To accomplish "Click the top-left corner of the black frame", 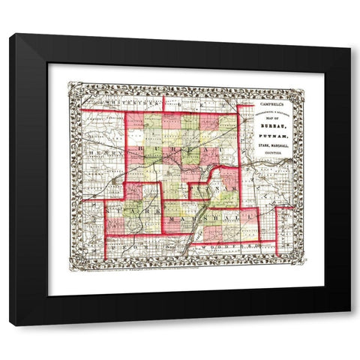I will point(10,34).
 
